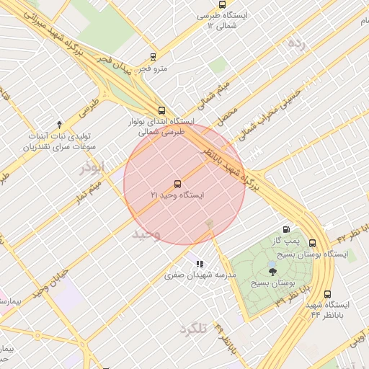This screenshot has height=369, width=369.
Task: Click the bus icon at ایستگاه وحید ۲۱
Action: [x=177, y=184]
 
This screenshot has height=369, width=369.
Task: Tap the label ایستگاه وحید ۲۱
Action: [x=177, y=195]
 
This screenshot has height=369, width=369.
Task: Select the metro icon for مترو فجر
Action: [x=152, y=57]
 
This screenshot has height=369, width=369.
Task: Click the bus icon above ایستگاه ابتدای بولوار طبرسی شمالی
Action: [x=161, y=110]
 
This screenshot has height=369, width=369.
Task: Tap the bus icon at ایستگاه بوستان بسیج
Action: [x=312, y=243]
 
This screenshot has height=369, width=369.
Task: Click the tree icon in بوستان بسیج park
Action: [x=272, y=270]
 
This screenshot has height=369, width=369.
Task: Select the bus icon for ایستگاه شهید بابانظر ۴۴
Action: [x=328, y=294]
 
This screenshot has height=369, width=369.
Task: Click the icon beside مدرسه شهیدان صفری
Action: [x=200, y=264]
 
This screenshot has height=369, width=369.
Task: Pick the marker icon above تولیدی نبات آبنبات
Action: [x=59, y=124]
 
